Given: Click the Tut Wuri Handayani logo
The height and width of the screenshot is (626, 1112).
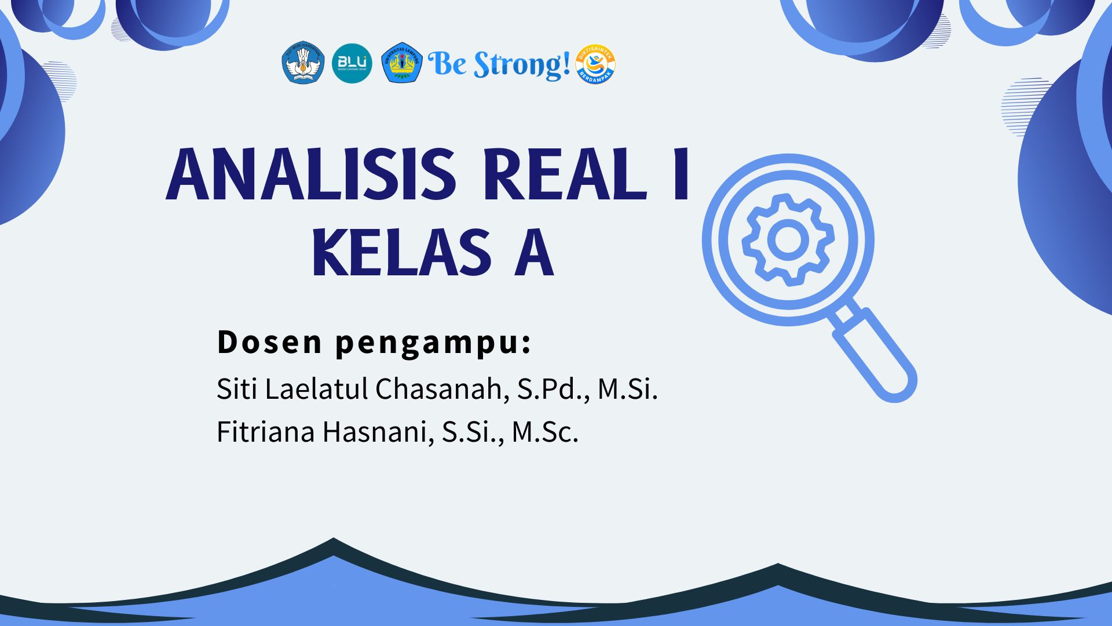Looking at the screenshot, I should [303, 63].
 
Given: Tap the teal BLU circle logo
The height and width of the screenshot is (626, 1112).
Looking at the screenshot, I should [352, 63].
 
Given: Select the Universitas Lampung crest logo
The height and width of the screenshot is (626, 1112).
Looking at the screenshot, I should [402, 63].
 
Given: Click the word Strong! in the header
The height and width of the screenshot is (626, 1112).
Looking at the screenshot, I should [522, 65].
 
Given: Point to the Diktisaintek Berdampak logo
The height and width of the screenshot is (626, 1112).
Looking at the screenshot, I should [595, 64].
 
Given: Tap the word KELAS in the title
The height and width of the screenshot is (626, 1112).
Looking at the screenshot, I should [401, 253].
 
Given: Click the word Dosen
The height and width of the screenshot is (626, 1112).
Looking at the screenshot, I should [269, 342].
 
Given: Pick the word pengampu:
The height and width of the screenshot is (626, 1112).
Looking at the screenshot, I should [433, 343].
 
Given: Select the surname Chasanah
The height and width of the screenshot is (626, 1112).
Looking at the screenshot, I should [442, 389].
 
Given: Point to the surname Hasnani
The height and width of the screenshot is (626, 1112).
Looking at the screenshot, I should [378, 432].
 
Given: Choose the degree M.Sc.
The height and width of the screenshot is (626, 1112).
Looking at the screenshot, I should [545, 432].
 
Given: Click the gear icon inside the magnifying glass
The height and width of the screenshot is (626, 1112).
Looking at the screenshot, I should [788, 239].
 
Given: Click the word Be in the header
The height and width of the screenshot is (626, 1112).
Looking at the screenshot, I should [447, 64].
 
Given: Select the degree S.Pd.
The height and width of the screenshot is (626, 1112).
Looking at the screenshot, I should [553, 389].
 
